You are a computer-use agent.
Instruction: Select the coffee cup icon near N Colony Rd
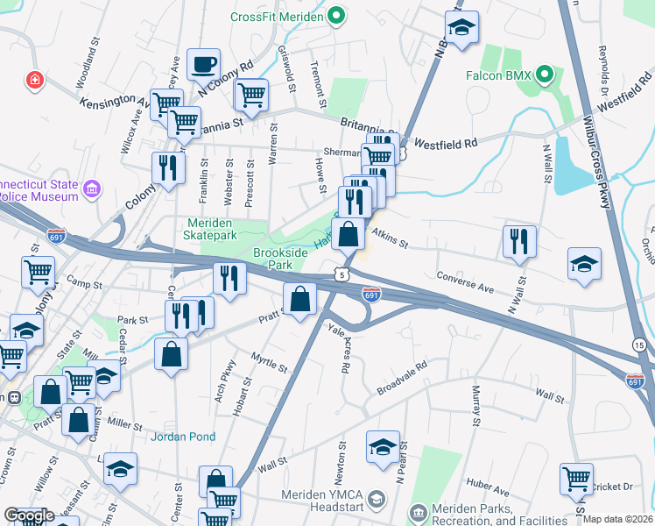coord(203,64)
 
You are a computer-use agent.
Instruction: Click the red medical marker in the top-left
coord(35,80)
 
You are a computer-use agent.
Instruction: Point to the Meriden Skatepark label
coord(211,230)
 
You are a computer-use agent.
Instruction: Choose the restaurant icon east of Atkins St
coord(519,241)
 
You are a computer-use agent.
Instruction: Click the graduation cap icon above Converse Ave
coord(584,265)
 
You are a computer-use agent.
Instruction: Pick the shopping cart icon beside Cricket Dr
coord(576,479)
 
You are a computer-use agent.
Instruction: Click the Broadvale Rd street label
coord(401,375)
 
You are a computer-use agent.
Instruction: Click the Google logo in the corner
coord(28,515)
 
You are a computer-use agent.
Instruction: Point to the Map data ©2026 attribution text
coord(618,519)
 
